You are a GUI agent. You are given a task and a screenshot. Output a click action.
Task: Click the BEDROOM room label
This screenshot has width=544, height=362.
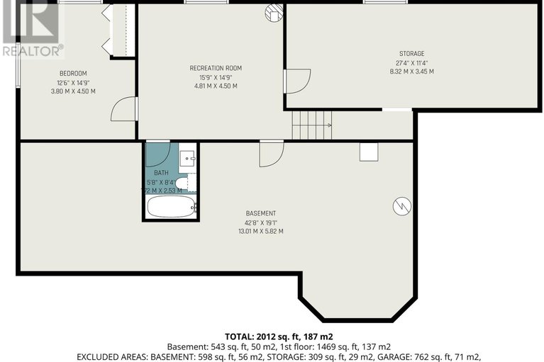coord(72,74)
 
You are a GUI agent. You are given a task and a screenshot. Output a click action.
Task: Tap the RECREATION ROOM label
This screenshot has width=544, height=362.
coord(216,68)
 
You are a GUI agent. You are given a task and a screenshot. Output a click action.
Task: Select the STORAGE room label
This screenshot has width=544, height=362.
coord(411,54)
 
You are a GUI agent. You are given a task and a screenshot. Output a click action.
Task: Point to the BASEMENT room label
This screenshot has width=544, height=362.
coord(260,213)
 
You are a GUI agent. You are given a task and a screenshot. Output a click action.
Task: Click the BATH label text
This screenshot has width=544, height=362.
coord(161,173)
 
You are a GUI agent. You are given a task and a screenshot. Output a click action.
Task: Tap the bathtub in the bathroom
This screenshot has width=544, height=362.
coord(170,207)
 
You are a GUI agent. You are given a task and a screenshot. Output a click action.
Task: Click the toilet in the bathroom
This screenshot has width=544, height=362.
coord(183,183)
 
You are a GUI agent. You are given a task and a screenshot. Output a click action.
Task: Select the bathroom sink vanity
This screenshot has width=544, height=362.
coord(188,158)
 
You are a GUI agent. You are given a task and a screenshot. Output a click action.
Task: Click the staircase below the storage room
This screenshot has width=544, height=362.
coord(311,126)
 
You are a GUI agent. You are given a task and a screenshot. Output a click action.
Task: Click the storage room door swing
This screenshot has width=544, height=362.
coord(297,81)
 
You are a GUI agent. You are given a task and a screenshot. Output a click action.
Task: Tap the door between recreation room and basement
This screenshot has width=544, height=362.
coord(271,154)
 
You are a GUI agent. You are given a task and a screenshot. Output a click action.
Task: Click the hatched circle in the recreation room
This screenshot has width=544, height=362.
coord(274,12)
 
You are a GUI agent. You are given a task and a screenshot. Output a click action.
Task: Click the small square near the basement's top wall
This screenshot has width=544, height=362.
coord(368,151)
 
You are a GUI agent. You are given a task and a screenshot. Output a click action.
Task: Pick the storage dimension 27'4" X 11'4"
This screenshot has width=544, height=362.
coord(411,63)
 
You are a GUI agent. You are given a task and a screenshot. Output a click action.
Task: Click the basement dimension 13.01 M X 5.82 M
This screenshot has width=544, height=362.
coord(260,231)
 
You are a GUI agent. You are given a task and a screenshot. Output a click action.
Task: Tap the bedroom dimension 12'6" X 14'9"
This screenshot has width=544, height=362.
coord(72,82)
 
